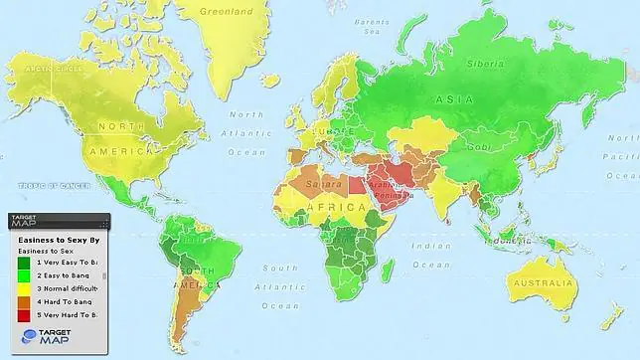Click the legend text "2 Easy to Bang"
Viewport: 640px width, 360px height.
[x=65, y=275]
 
